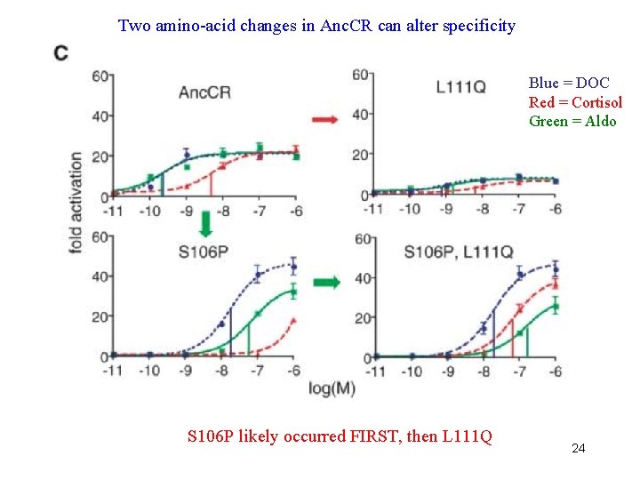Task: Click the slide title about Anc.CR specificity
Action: tap(316, 26)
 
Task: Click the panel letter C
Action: tap(61, 53)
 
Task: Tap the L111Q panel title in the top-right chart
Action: tap(460, 86)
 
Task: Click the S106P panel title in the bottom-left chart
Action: tap(204, 252)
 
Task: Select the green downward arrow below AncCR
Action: tap(205, 223)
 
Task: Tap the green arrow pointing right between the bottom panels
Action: tap(326, 283)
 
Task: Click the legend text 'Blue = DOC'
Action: tap(569, 84)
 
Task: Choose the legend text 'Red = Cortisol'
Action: tap(575, 102)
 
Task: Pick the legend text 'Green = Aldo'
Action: tap(572, 121)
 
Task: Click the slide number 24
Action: tap(578, 449)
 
